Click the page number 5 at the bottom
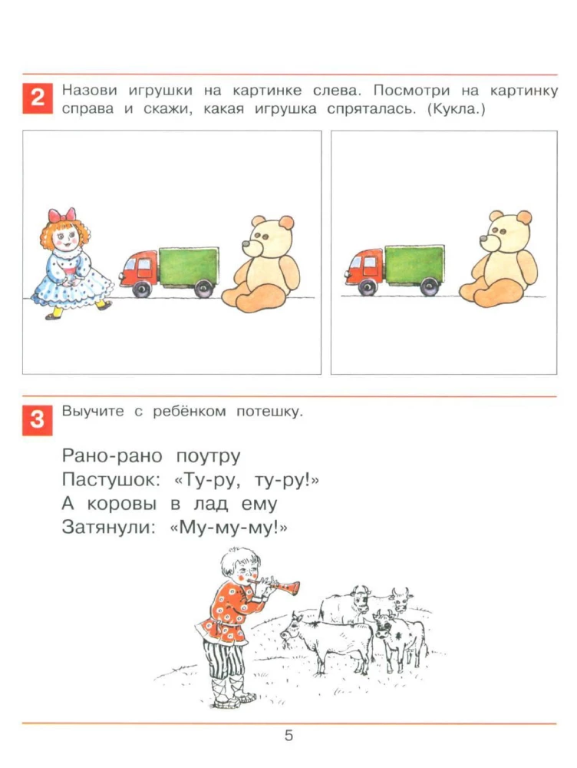coord(288,736)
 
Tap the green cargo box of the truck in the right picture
coord(414,265)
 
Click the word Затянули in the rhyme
coord(105,530)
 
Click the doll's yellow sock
coord(55,313)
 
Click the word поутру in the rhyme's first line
coord(208,456)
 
